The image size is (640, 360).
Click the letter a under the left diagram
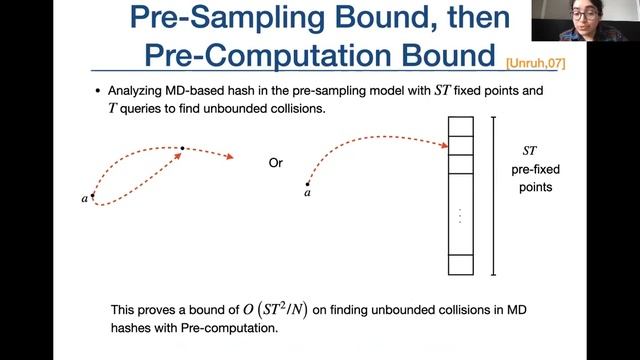(x=85, y=199)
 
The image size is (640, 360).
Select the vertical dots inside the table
(x=459, y=215)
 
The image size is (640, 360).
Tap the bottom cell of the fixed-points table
(x=459, y=265)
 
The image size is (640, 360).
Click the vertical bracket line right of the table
(x=493, y=196)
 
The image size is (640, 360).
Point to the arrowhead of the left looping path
(x=232, y=157)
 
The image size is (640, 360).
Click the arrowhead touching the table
(x=441, y=146)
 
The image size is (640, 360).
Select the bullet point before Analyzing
(x=97, y=91)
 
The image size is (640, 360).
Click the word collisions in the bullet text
(x=289, y=108)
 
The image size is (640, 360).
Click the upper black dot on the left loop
(x=182, y=149)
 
